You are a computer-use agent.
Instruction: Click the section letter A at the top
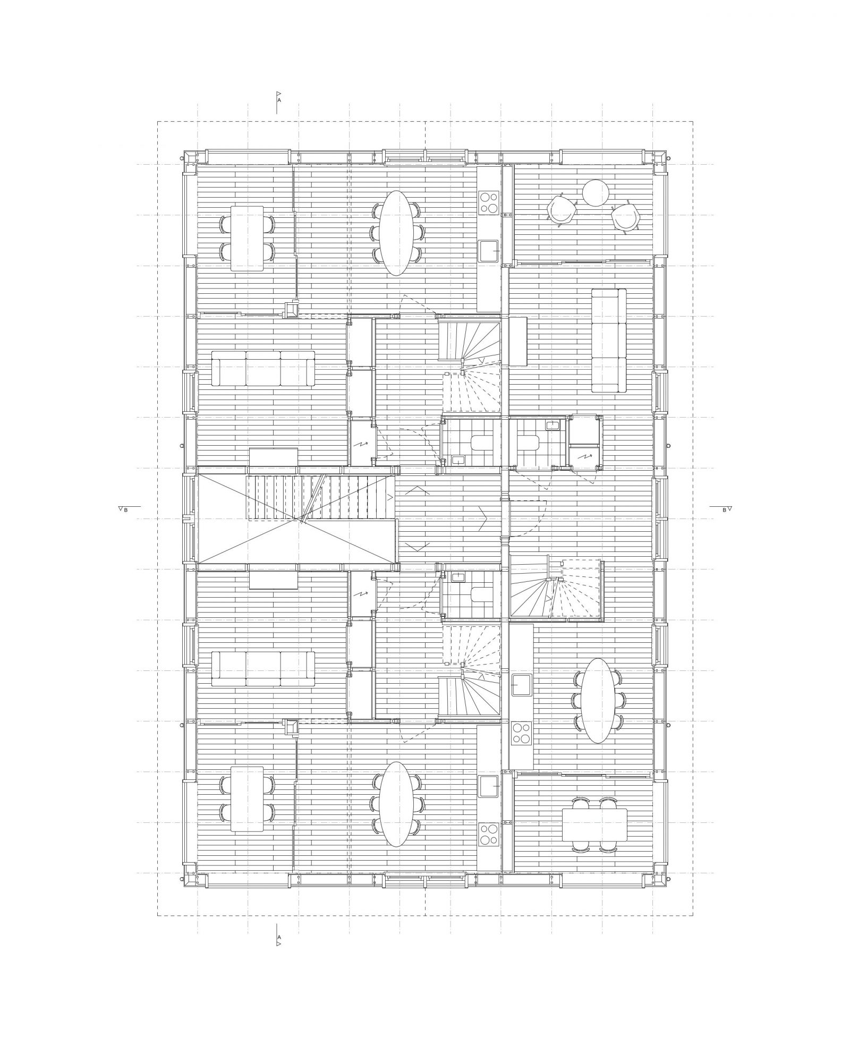tap(279, 99)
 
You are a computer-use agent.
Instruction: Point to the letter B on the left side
tap(126, 509)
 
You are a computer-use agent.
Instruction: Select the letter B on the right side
tap(724, 509)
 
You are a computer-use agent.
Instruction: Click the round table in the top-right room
tap(595, 193)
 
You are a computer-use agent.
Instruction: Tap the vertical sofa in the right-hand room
tap(609, 341)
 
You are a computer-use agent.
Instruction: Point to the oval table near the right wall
tap(598, 700)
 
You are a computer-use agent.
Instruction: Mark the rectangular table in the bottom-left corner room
tap(247, 798)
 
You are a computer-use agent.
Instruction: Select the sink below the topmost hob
tap(489, 251)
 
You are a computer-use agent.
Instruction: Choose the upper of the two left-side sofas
tap(263, 368)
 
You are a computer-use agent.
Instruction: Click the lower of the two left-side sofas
tap(263, 669)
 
